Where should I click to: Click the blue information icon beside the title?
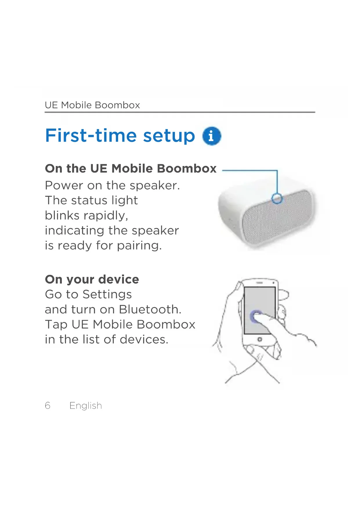click(x=211, y=136)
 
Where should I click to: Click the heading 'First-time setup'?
click(x=120, y=136)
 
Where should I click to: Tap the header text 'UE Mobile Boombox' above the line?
click(x=92, y=105)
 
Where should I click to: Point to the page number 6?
click(x=48, y=405)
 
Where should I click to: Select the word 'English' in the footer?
click(x=86, y=405)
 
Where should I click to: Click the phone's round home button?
click(x=260, y=339)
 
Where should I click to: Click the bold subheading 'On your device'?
click(x=92, y=279)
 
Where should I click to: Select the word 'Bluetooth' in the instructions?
click(x=150, y=309)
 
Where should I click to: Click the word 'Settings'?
click(x=107, y=295)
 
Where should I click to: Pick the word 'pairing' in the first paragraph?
click(x=139, y=246)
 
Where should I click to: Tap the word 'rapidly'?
click(x=106, y=216)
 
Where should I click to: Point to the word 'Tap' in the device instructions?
click(x=56, y=325)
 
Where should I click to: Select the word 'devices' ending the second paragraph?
click(x=144, y=340)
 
